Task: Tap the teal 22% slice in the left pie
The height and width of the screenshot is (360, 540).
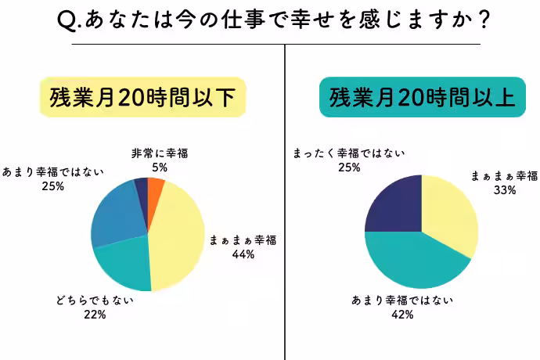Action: pos(124,266)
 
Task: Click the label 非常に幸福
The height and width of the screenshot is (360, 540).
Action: pos(160,154)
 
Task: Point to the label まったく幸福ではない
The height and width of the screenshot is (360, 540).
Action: pos(349,153)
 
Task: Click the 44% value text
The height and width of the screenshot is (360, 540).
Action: pos(243,254)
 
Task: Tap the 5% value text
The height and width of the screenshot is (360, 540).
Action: pos(160,167)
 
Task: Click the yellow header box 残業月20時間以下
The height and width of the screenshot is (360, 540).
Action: pos(142,97)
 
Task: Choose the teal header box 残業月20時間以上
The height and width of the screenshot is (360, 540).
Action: pos(422,97)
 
